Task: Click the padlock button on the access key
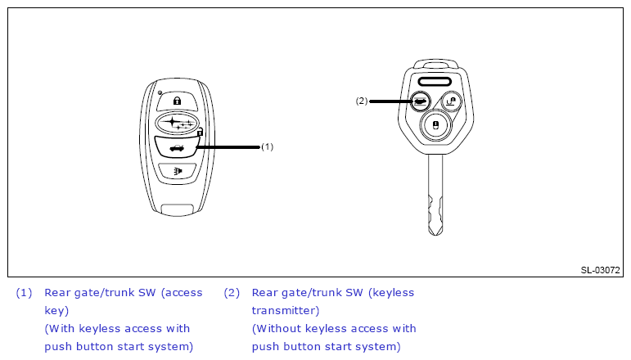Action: point(177,101)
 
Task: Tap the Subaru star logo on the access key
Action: point(177,123)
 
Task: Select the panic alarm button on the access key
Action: point(177,172)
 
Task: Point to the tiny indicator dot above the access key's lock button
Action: point(160,93)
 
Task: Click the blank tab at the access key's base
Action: point(177,209)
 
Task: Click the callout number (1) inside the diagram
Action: point(267,146)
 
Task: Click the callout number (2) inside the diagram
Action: point(362,101)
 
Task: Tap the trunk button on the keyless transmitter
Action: point(421,101)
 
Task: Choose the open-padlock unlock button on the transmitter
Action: point(452,101)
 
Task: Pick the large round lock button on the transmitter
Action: point(435,125)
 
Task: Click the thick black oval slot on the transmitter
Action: point(435,82)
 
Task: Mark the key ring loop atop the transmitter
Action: point(436,65)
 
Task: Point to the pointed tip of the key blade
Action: point(435,235)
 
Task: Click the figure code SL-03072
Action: point(600,270)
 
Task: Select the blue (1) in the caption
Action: point(24,293)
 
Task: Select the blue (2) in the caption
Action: point(232,293)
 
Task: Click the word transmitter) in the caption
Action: point(286,311)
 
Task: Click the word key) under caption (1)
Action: point(56,311)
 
